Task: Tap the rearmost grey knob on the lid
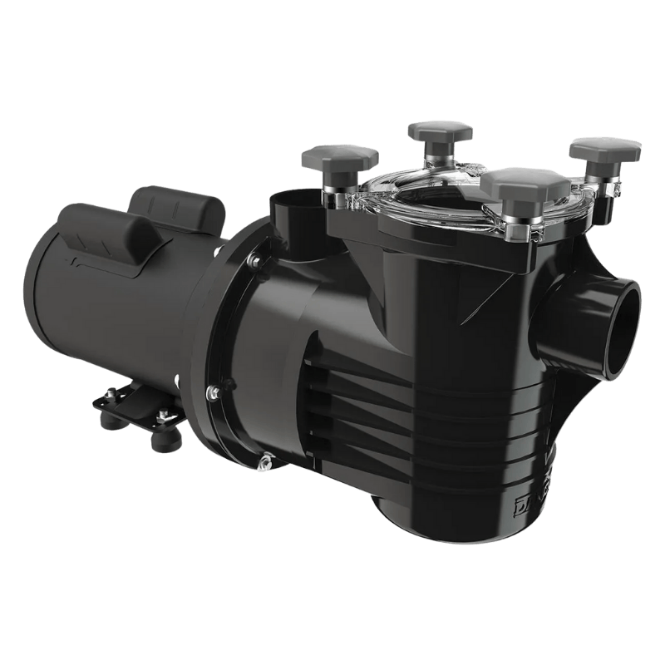pyautogui.click(x=440, y=131)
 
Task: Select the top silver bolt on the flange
pyautogui.click(x=254, y=261)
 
